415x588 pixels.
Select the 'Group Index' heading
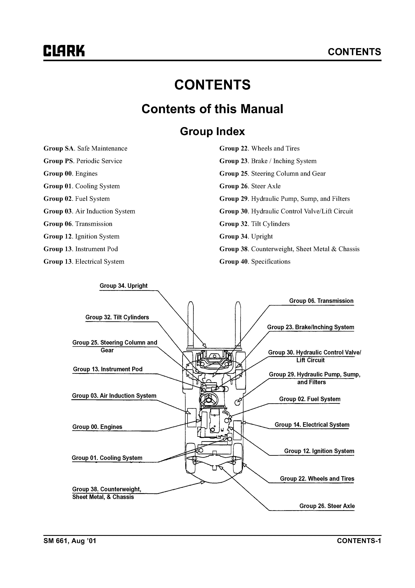pyautogui.click(x=212, y=131)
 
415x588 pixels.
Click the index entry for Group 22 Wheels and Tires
pyautogui.click(x=259, y=149)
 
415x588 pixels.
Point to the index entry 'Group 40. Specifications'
pyautogui.click(x=255, y=262)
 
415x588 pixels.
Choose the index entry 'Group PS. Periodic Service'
pyautogui.click(x=83, y=161)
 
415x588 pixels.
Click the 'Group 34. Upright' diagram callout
pyautogui.click(x=123, y=286)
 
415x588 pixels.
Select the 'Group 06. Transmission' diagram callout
pyautogui.click(x=321, y=301)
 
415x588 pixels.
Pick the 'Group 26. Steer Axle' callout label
pyautogui.click(x=327, y=506)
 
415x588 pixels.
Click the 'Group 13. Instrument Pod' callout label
pyautogui.click(x=108, y=369)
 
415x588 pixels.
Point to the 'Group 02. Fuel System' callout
pyautogui.click(x=310, y=399)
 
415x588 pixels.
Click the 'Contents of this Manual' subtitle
pyautogui.click(x=212, y=109)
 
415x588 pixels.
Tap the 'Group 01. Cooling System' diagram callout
pyautogui.click(x=107, y=458)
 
